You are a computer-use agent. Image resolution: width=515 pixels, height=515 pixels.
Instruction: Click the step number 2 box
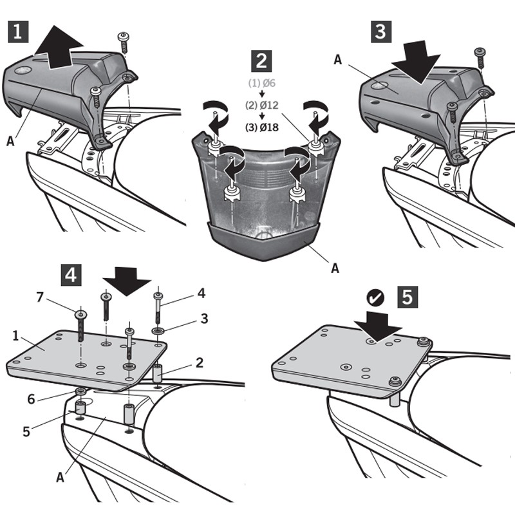[261, 62]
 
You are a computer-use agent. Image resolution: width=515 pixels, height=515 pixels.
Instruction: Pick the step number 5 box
[408, 297]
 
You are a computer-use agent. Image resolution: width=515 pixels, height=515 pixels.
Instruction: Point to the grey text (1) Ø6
[262, 83]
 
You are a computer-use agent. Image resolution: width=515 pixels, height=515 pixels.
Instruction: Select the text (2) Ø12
[262, 105]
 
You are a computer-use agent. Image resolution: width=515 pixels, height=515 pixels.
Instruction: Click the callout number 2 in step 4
[200, 362]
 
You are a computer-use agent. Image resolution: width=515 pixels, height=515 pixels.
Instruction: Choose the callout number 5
[25, 430]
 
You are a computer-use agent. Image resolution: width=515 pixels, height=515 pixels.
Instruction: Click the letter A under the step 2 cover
[335, 268]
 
